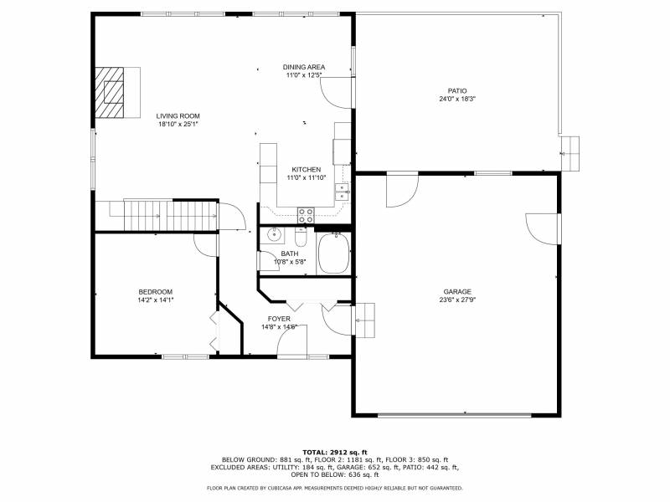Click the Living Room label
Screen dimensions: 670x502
point(178,116)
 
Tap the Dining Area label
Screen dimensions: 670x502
point(304,67)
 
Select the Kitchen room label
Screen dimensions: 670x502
point(306,170)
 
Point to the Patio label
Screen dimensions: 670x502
point(457,91)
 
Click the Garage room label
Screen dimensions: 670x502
point(457,291)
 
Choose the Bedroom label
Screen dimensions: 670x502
point(156,292)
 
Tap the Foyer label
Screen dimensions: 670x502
point(279,319)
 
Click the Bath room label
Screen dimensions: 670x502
point(290,254)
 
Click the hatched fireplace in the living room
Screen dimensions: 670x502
point(110,92)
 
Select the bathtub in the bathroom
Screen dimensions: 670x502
point(333,254)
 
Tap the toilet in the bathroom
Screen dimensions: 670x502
point(301,238)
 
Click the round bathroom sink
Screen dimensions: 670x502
point(274,234)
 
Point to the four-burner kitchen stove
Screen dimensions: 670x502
point(306,215)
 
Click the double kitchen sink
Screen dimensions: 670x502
point(342,192)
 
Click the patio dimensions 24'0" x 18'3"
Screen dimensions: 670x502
point(457,99)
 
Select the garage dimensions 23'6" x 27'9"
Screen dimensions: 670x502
point(457,300)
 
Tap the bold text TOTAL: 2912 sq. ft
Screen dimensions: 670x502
point(335,452)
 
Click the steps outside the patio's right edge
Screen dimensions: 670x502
point(570,154)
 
